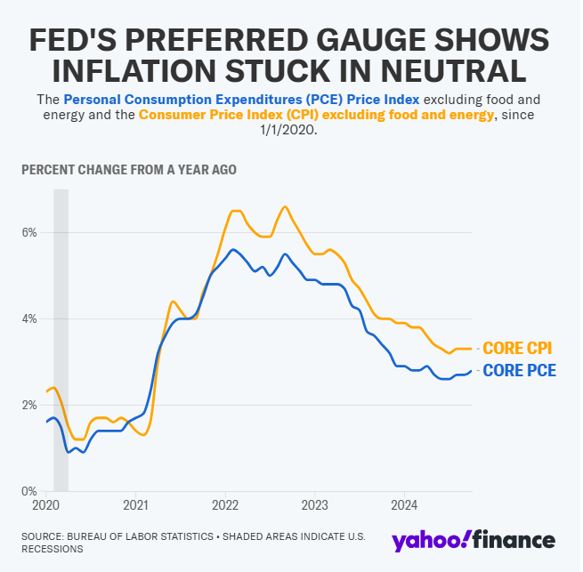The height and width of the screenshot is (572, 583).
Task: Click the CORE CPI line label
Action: click(x=518, y=349)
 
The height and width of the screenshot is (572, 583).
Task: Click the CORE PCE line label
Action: click(x=519, y=371)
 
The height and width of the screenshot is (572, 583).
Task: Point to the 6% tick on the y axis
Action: click(x=29, y=233)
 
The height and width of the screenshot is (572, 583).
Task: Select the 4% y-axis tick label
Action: click(x=29, y=319)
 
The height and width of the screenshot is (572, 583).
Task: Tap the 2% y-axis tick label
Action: click(x=29, y=406)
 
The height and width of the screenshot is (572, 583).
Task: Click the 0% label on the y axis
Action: click(x=29, y=491)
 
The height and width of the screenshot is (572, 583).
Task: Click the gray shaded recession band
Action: click(x=61, y=338)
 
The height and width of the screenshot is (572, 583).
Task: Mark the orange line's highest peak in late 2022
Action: click(x=285, y=207)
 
